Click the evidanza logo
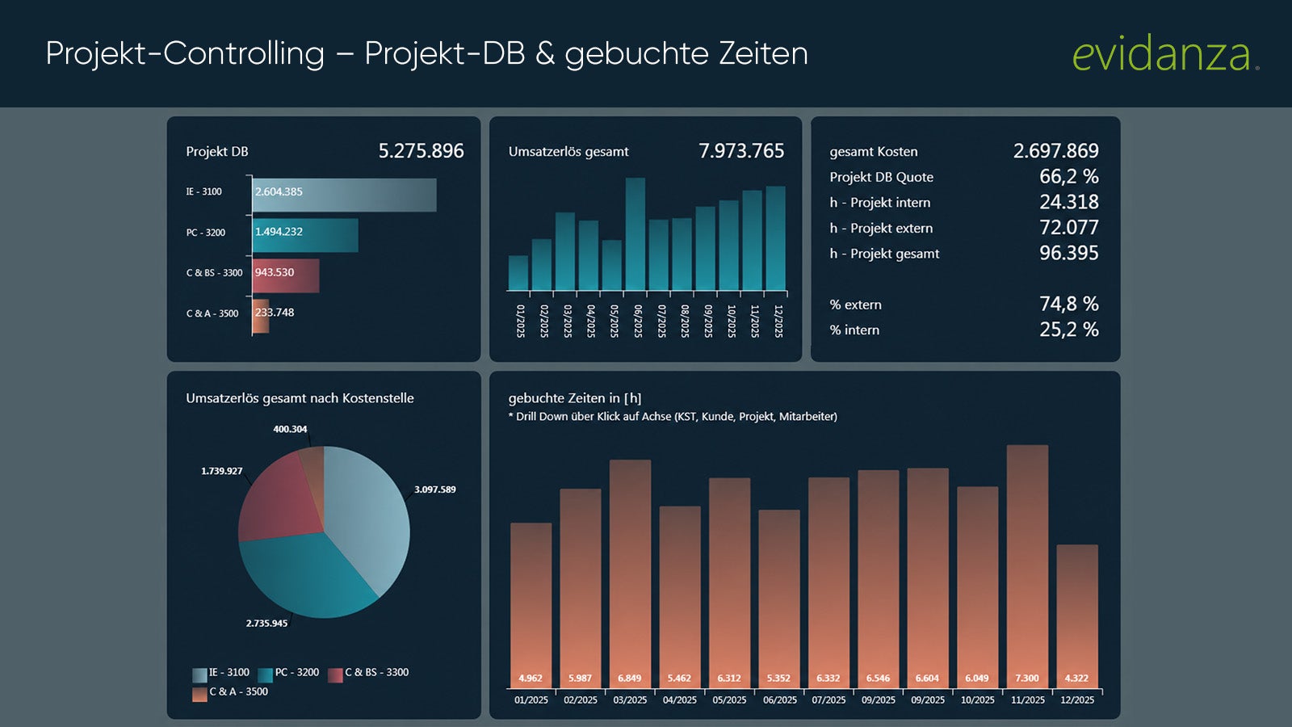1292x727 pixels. tap(1166, 53)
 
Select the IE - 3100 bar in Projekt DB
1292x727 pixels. tap(344, 195)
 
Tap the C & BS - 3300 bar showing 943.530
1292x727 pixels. tap(286, 275)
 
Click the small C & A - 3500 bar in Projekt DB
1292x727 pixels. tap(261, 316)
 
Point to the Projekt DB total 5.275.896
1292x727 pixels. tap(421, 150)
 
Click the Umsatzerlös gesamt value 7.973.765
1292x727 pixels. tap(741, 150)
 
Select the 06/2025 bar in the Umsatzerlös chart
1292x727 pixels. tap(635, 233)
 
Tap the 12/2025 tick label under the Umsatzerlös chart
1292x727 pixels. tap(778, 321)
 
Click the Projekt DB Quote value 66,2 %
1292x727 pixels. tap(1069, 177)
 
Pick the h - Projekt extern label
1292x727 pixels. tap(881, 229)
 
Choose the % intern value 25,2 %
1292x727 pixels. tap(1069, 330)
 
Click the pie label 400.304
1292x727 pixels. tap(290, 429)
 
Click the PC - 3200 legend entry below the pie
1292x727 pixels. tap(289, 674)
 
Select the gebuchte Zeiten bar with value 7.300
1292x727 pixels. tap(1027, 566)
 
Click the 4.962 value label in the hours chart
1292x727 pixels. tap(531, 678)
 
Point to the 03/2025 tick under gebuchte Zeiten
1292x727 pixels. tap(630, 700)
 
